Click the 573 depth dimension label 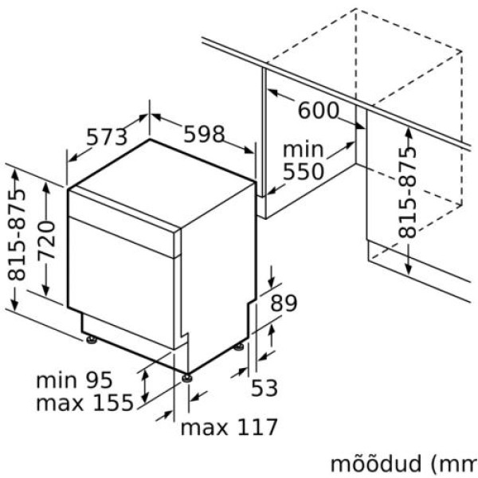coord(106,137)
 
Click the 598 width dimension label coord(204,135)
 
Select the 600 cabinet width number coord(318,111)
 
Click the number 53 coord(264,388)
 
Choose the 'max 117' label coord(229,427)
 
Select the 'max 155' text coord(84,402)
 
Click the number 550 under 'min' coord(303,171)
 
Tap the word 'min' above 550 coord(303,149)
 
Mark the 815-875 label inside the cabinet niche coord(408,191)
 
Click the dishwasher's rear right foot coord(239,347)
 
